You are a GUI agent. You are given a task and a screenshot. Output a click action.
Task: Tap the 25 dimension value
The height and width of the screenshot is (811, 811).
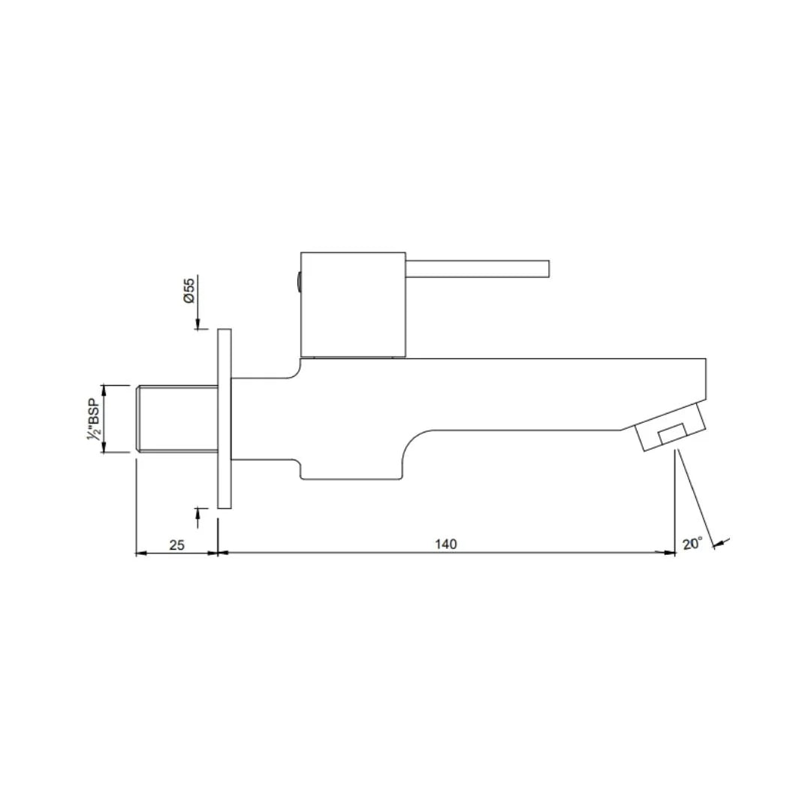(177, 544)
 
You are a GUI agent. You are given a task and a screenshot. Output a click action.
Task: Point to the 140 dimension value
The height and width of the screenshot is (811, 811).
(446, 544)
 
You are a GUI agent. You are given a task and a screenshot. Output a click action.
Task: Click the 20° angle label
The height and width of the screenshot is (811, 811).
(692, 543)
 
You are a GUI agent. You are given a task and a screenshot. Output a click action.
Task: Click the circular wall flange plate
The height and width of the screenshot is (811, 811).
(224, 418)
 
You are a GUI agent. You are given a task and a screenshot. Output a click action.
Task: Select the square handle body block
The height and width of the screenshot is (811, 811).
(353, 304)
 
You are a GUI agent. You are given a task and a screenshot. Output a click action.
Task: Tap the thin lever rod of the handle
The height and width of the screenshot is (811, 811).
(478, 268)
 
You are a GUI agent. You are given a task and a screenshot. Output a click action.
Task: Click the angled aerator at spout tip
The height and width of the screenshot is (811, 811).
(671, 428)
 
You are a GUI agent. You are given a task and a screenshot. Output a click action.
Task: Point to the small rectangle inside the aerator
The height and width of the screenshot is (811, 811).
(671, 435)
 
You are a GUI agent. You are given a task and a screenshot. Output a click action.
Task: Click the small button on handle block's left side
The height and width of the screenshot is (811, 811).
(298, 282)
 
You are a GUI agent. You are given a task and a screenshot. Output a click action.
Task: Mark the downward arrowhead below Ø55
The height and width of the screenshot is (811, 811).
(197, 324)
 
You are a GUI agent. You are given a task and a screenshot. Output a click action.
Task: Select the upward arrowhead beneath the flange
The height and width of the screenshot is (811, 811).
(197, 512)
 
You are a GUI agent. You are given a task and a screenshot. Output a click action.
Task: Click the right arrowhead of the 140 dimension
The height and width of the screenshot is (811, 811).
(670, 553)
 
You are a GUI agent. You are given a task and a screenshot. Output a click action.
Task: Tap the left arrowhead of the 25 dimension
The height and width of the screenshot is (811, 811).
(140, 553)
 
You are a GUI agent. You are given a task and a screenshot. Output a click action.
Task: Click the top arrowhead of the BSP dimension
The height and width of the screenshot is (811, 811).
(104, 389)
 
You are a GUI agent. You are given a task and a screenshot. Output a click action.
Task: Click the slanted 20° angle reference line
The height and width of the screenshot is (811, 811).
(695, 499)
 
